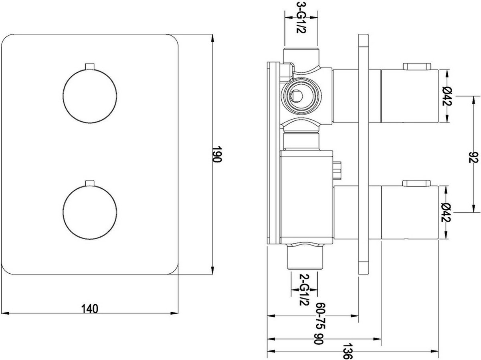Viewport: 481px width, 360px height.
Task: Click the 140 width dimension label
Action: point(90,309)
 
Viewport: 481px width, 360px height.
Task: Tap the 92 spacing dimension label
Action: point(473,157)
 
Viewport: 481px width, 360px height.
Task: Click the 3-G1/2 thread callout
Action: point(301,18)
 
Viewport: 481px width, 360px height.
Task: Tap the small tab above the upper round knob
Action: point(90,66)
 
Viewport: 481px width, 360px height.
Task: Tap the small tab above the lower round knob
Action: point(90,183)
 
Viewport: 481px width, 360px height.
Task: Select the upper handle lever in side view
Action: point(417,66)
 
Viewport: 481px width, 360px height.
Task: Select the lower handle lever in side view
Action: point(417,183)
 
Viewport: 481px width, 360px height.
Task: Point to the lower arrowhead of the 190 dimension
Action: point(212,270)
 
